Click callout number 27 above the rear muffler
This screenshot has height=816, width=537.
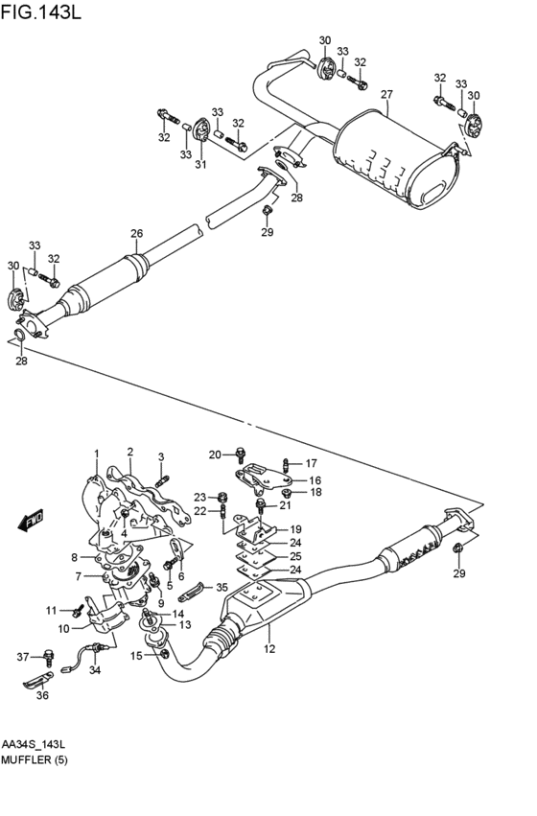point(386,95)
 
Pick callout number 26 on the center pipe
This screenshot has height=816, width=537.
point(136,233)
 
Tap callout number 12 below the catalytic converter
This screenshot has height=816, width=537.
point(269,649)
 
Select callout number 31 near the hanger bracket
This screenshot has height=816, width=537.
point(200,164)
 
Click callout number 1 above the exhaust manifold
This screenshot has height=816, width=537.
point(96,453)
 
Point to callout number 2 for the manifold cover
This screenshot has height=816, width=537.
point(129,451)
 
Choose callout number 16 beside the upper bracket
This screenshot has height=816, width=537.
point(315,479)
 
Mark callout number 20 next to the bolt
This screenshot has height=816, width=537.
point(215,454)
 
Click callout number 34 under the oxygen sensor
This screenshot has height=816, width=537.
point(94,670)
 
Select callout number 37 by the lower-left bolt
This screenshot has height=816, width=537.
point(23,657)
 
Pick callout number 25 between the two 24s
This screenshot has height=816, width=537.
point(295,556)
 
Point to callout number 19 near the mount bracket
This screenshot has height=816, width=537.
point(295,528)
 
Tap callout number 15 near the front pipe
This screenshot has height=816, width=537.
point(136,656)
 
